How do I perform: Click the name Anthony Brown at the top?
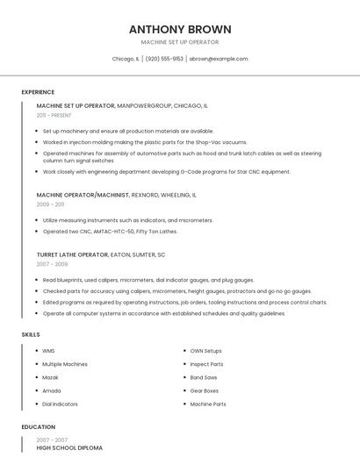pos(180,28)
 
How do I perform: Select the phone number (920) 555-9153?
pos(164,59)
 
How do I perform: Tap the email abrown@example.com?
pos(219,59)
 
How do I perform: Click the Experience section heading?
pos(38,92)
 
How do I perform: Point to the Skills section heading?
pos(31,334)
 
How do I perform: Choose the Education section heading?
pos(38,427)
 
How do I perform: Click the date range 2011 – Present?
pos(54,115)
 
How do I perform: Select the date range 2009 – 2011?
pos(50,204)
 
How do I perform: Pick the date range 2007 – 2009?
pos(52,263)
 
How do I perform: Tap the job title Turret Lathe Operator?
pos(72,254)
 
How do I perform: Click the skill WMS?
pos(48,351)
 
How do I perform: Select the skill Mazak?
pos(50,377)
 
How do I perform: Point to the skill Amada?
pos(51,390)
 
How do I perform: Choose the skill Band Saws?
pos(203,377)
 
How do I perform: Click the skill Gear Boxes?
pos(205,390)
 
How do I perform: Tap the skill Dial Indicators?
pos(60,404)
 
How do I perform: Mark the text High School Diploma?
pos(69,448)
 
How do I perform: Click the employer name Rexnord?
pos(147,195)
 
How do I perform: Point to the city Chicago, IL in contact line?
pos(126,59)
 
